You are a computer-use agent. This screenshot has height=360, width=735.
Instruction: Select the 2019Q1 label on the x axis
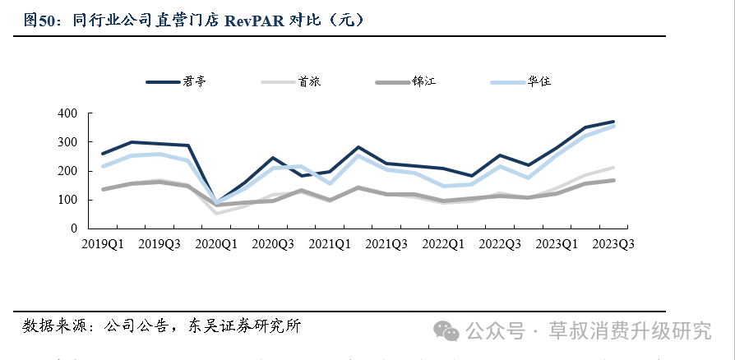(103, 244)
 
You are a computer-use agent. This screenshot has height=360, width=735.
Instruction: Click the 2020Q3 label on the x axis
(274, 244)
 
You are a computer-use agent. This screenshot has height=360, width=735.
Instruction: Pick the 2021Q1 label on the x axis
(331, 244)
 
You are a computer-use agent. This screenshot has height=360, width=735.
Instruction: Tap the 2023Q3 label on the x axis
(614, 244)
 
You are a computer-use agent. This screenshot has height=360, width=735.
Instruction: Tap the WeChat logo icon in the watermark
(447, 330)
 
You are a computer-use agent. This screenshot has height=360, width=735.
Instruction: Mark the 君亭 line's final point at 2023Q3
(614, 122)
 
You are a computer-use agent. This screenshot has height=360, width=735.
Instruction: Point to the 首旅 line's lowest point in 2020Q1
(217, 214)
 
